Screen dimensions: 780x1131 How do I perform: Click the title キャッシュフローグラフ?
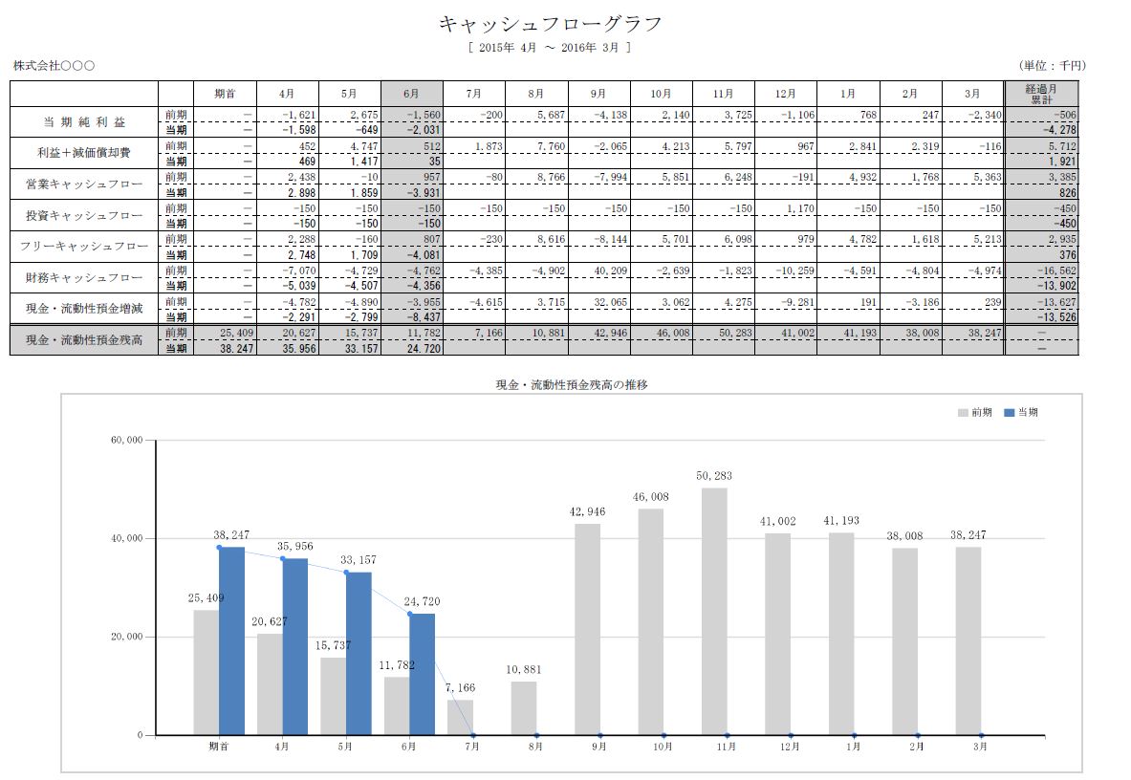[550, 24]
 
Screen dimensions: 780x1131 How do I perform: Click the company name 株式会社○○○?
[54, 66]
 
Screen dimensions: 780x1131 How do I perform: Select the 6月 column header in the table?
[411, 94]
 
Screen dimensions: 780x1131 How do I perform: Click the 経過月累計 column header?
[1039, 94]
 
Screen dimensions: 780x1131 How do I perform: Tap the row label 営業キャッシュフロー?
[84, 183]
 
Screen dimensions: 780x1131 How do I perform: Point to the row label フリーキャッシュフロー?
[84, 247]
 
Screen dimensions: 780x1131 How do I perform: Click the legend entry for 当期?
[1021, 413]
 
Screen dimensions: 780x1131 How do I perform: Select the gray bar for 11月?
[714, 612]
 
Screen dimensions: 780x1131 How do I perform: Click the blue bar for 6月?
[423, 674]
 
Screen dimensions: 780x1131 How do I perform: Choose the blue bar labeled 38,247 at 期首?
[231, 640]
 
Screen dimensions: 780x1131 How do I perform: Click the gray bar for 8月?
[524, 708]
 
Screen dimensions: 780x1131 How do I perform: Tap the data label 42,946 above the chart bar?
[587, 512]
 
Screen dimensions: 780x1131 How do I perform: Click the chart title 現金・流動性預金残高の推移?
[572, 384]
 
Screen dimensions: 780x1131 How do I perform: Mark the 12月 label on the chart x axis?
[790, 747]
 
